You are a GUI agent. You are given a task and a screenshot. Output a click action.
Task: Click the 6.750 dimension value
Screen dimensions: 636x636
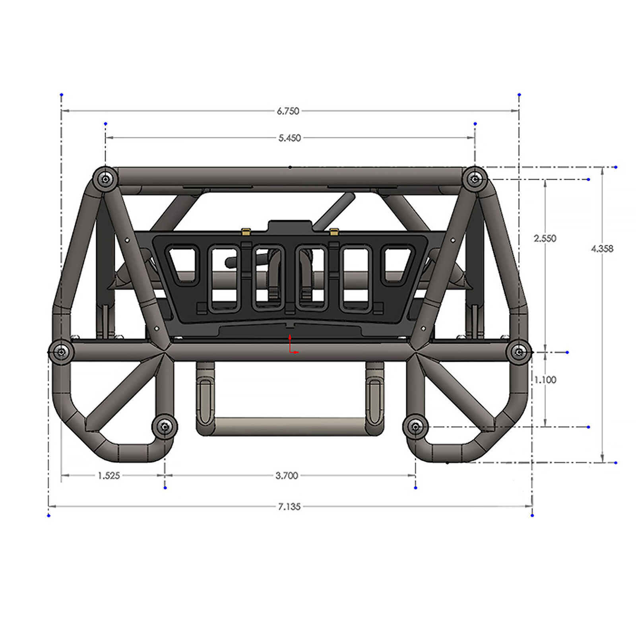[x=288, y=111]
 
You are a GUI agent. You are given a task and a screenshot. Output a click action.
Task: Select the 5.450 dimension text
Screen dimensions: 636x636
[x=289, y=138]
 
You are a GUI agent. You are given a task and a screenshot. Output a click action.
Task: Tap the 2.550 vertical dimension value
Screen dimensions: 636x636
[x=545, y=238]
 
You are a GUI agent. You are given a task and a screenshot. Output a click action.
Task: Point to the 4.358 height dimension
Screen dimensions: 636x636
[x=602, y=248]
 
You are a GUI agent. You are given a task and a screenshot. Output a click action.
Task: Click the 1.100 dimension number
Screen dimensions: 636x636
[x=545, y=380]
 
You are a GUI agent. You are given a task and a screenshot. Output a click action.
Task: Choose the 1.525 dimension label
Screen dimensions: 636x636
[x=109, y=475]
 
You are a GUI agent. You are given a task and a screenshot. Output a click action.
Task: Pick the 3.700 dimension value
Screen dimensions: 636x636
[x=287, y=475]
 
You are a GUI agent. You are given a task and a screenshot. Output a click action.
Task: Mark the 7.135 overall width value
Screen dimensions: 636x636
[x=289, y=506]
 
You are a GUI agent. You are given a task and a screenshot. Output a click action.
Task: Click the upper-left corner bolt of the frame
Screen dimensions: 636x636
[x=105, y=179]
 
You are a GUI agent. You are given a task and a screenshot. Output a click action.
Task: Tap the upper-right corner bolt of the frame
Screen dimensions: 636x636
[x=475, y=179]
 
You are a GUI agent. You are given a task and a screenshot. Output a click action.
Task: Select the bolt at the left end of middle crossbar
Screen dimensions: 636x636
[x=61, y=352]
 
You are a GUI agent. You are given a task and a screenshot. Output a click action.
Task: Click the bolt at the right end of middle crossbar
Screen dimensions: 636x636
[x=519, y=352]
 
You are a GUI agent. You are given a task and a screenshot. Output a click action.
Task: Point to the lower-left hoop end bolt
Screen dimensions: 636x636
[x=165, y=427]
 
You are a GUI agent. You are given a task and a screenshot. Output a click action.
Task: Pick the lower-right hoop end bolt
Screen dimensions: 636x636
[x=415, y=427]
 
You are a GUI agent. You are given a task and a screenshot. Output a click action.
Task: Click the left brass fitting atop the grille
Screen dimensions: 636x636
[x=246, y=232]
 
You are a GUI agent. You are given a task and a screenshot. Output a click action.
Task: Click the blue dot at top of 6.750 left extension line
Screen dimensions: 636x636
[x=62, y=95]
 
